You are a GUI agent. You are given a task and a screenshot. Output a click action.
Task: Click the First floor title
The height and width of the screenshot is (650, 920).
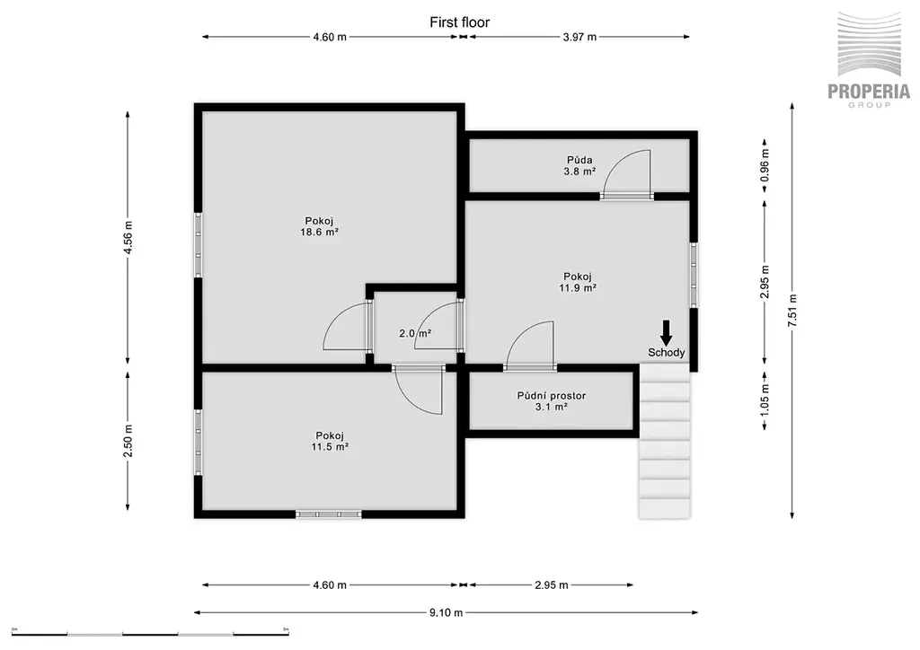tap(459, 22)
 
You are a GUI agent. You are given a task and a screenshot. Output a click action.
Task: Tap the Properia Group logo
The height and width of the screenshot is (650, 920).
tap(869, 59)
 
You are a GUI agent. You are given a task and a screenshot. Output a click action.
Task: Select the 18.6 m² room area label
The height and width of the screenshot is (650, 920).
tap(319, 232)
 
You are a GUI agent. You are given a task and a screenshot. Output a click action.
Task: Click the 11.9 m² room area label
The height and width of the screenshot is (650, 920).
tap(578, 288)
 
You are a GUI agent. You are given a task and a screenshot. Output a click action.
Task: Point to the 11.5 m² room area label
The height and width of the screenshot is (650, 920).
tap(331, 446)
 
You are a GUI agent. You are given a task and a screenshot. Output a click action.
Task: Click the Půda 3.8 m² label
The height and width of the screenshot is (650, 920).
tap(579, 166)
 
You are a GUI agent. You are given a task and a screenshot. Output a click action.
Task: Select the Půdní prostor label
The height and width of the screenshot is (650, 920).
tap(552, 396)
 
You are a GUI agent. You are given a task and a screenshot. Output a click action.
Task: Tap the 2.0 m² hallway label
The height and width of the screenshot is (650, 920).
tap(415, 333)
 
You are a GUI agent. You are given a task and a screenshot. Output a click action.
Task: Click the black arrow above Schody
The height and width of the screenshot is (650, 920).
tap(666, 332)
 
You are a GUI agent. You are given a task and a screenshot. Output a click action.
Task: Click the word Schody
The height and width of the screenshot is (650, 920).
tap(667, 353)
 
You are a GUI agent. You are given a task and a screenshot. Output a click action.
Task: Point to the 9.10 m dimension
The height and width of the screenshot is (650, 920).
tap(446, 612)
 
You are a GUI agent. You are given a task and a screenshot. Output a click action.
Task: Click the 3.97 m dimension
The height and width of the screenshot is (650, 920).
tap(579, 37)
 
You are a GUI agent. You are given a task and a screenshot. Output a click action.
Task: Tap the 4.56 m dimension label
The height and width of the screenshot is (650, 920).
tap(128, 237)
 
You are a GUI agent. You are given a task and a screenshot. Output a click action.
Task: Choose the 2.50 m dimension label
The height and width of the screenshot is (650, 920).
tap(128, 441)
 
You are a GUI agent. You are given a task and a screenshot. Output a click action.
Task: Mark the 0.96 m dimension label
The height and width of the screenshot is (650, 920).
tap(765, 166)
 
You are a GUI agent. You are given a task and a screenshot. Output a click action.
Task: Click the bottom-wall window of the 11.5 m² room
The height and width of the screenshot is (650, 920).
tap(329, 514)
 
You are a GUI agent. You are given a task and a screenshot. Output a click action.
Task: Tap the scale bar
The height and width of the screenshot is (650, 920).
tap(150, 634)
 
